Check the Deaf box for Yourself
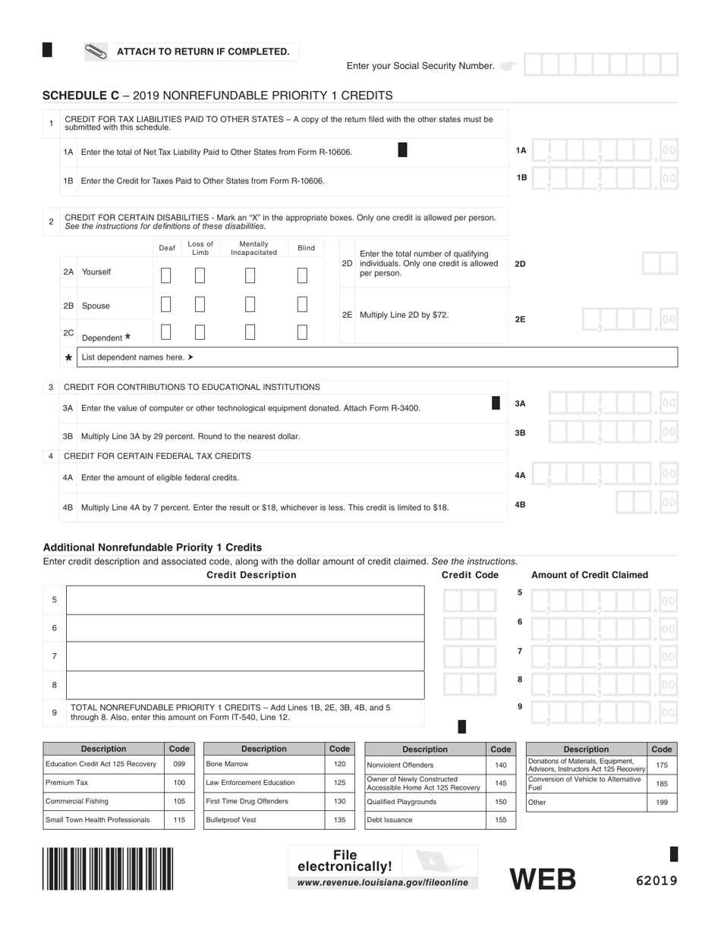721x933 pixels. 166,275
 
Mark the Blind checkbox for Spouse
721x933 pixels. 302,304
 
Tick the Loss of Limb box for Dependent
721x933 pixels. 200,332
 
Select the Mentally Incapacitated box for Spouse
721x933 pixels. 250,304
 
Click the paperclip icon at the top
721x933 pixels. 96,52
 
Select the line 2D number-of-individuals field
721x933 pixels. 660,264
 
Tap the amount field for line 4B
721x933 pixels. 645,502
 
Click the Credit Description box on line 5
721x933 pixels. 245,599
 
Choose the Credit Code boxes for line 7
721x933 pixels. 471,656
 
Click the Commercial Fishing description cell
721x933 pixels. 103,801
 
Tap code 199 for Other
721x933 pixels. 662,802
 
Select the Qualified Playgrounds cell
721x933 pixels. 426,801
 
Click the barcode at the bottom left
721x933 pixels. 108,868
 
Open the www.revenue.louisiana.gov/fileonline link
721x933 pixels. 383,882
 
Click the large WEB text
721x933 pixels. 543,878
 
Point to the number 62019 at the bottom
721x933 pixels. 656,881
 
